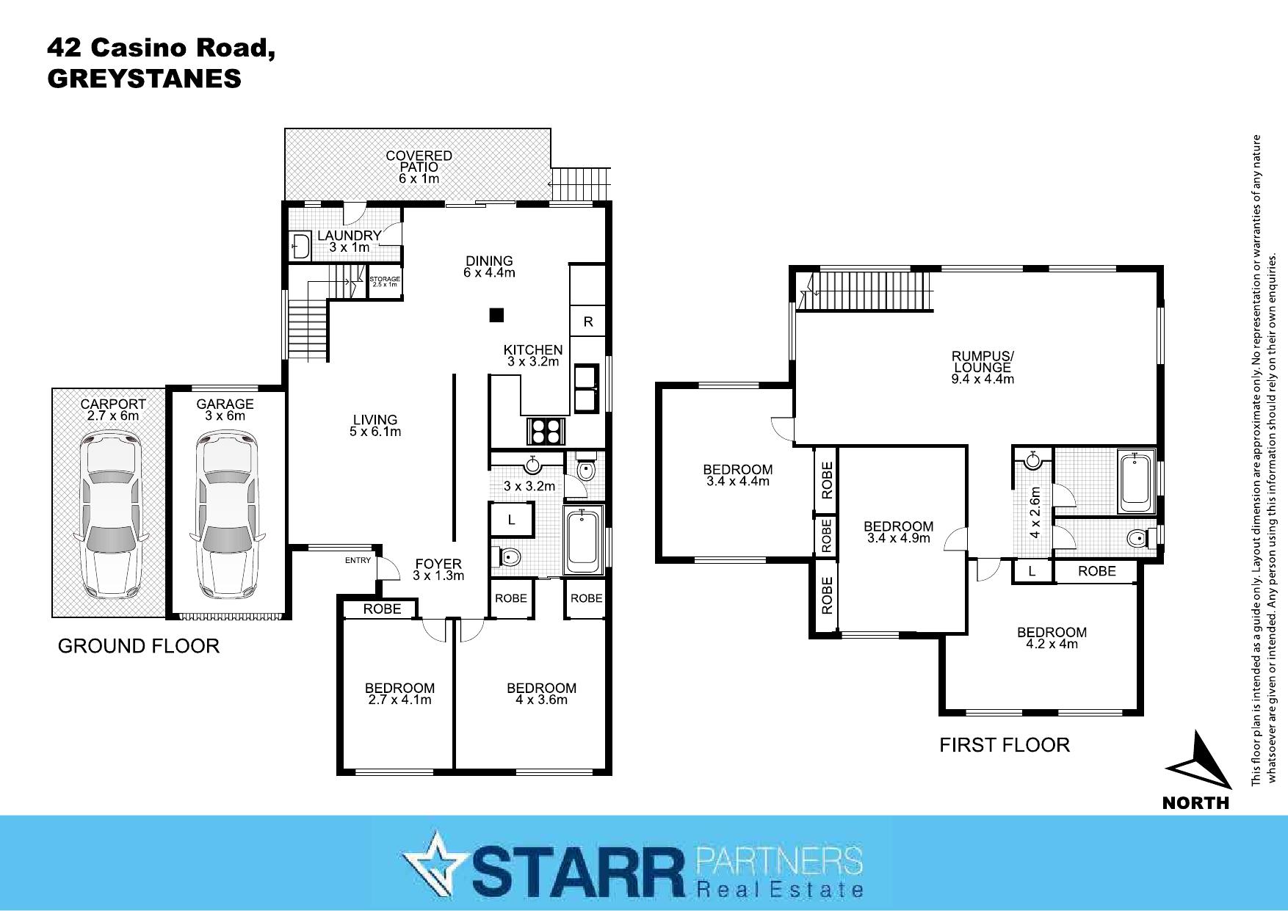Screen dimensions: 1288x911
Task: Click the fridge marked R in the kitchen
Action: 588,322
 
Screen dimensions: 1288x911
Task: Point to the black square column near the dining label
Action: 497,316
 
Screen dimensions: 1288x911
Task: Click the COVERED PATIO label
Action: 419,161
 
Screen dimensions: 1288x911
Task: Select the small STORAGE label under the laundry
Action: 385,280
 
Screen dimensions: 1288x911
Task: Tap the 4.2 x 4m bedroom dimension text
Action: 1052,645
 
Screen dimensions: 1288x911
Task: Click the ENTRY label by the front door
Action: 358,561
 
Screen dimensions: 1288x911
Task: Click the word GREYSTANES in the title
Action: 144,79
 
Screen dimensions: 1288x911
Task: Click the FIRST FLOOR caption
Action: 1005,745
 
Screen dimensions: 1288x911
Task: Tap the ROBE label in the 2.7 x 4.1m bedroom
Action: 382,609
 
